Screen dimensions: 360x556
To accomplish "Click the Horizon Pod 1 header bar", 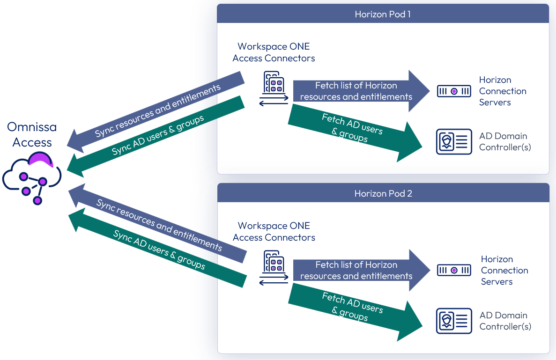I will (383, 14).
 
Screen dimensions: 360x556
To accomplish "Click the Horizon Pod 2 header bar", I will (383, 193).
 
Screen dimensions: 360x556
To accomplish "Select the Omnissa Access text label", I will (32, 135).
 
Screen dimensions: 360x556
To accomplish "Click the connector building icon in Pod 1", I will (274, 88).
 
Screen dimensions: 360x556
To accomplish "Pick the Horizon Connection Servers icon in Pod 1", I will (454, 91).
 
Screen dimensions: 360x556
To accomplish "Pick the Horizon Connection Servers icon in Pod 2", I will (454, 270).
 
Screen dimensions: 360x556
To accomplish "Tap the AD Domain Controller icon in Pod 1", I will (454, 142).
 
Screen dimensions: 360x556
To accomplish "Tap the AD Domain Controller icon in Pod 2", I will (454, 321).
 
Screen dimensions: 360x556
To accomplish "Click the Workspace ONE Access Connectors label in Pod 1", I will (274, 52).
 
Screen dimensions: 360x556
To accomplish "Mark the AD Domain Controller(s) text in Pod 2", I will (505, 321).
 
